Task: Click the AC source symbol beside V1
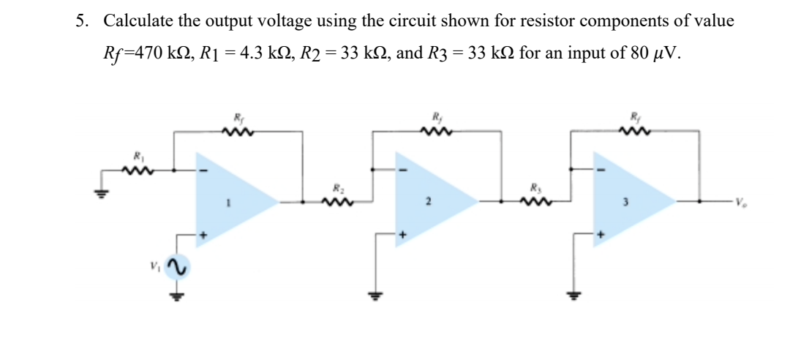pyautogui.click(x=176, y=269)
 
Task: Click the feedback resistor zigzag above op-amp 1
pyautogui.click(x=238, y=132)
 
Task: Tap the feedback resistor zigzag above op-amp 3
pyautogui.click(x=631, y=132)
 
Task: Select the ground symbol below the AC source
pyautogui.click(x=176, y=296)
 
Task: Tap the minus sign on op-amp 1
pyautogui.click(x=205, y=173)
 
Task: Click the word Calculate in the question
pyautogui.click(x=139, y=21)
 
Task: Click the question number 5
pyautogui.click(x=81, y=21)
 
